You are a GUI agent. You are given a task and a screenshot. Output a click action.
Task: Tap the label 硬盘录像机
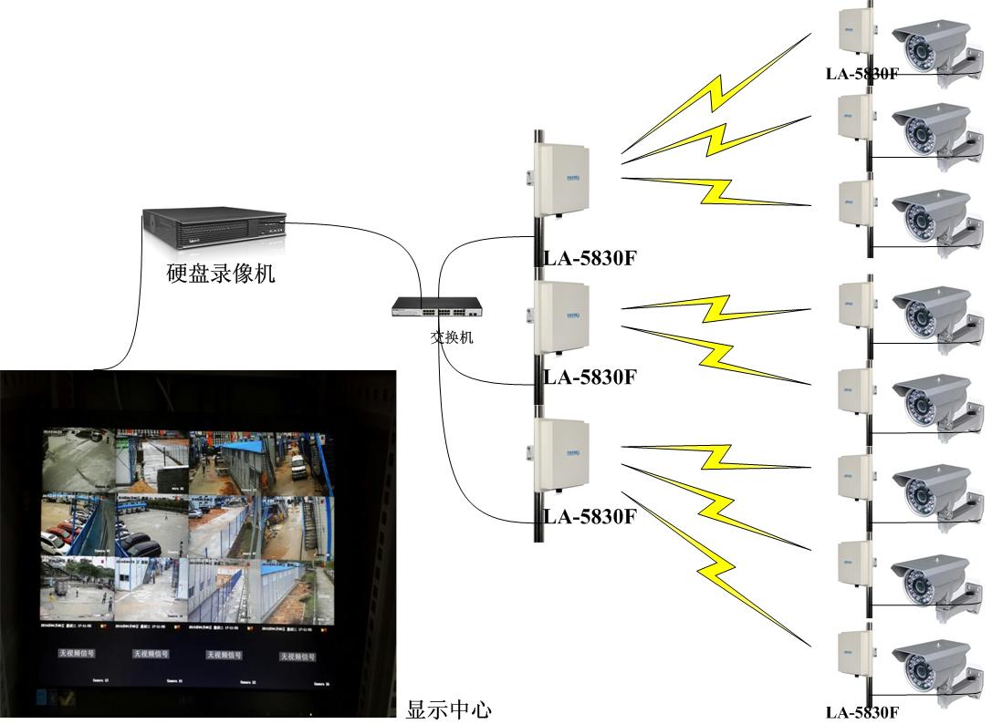click(x=221, y=273)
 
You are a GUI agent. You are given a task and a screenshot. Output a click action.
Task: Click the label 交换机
click(x=452, y=337)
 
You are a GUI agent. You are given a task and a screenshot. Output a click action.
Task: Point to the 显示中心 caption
click(x=449, y=709)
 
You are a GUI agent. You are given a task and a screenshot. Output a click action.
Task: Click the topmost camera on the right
click(x=931, y=50)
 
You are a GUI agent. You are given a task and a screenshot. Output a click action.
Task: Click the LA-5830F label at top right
click(x=861, y=74)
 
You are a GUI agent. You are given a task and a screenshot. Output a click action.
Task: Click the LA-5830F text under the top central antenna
click(x=589, y=258)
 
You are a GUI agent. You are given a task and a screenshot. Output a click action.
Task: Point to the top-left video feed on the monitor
click(x=78, y=460)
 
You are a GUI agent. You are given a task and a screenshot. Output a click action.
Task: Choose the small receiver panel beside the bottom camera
click(x=855, y=655)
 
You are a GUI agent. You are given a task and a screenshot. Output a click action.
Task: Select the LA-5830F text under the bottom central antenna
click(x=589, y=517)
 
